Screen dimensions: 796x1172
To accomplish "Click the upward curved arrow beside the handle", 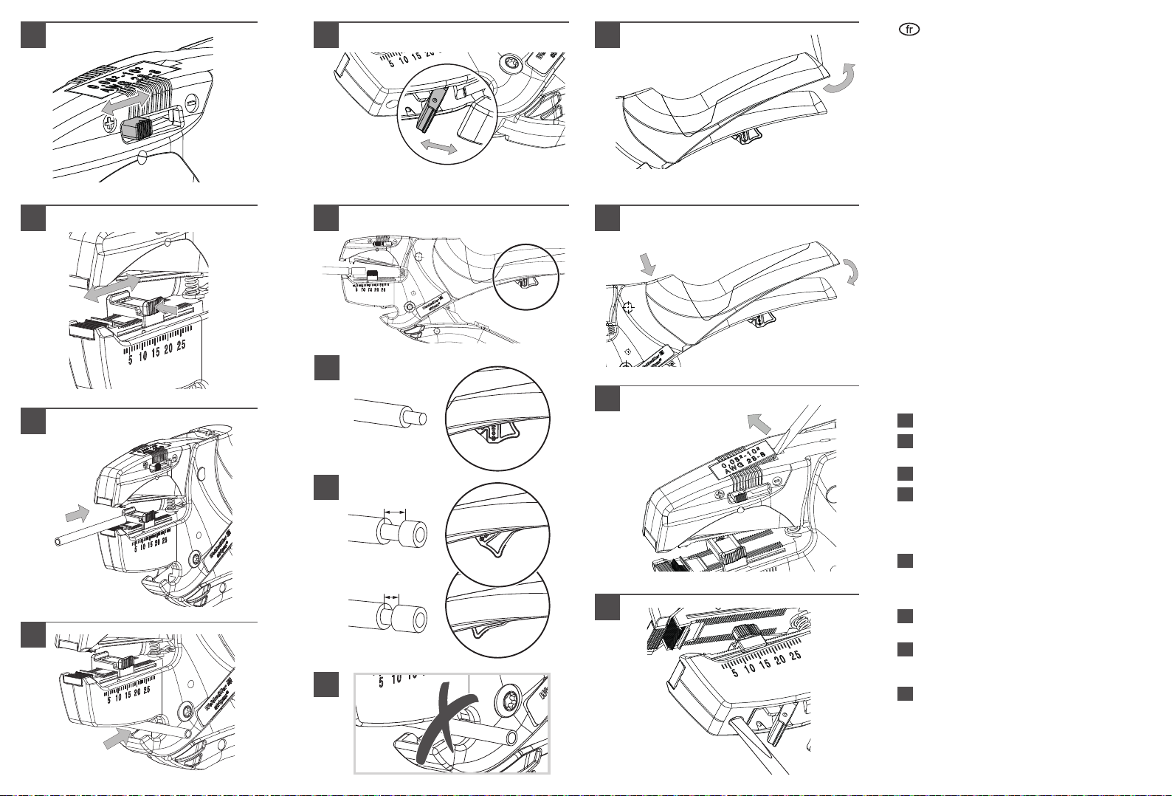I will click(x=842, y=79).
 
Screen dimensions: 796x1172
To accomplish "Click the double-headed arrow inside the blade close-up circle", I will click(x=438, y=147).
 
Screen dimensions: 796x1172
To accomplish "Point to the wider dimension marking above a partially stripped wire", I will click(x=397, y=509).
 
